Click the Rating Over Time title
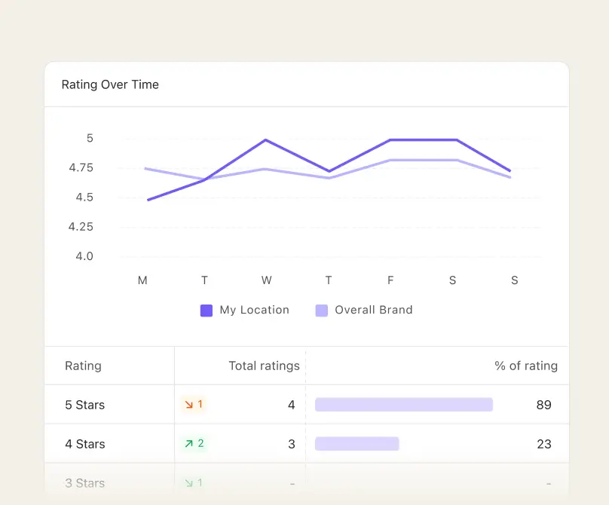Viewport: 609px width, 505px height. click(110, 84)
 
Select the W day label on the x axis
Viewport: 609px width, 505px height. click(266, 280)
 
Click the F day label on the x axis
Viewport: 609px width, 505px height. click(390, 280)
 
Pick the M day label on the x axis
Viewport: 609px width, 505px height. click(142, 280)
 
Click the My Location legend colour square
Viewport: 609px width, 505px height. click(207, 310)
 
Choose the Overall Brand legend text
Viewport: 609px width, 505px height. click(373, 310)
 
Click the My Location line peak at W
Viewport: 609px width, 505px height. click(266, 140)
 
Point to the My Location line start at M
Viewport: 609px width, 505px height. click(148, 200)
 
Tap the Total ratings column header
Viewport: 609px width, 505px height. click(264, 366)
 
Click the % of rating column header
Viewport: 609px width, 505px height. click(526, 366)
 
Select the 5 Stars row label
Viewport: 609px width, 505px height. click(84, 405)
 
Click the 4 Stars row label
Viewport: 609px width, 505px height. click(84, 444)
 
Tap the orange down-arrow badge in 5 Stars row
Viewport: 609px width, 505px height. click(193, 405)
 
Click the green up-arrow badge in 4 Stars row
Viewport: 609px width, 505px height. click(194, 444)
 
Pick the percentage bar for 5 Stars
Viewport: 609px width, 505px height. click(403, 405)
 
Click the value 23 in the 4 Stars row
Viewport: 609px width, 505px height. click(544, 444)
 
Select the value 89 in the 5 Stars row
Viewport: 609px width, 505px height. click(544, 405)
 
